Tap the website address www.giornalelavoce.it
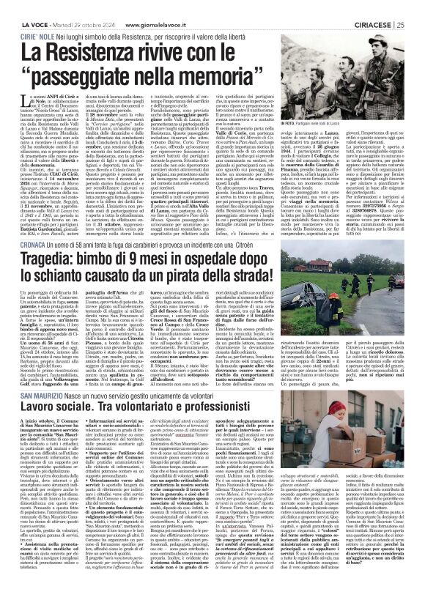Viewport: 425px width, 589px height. click(144, 6)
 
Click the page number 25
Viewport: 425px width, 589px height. click(418, 6)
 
